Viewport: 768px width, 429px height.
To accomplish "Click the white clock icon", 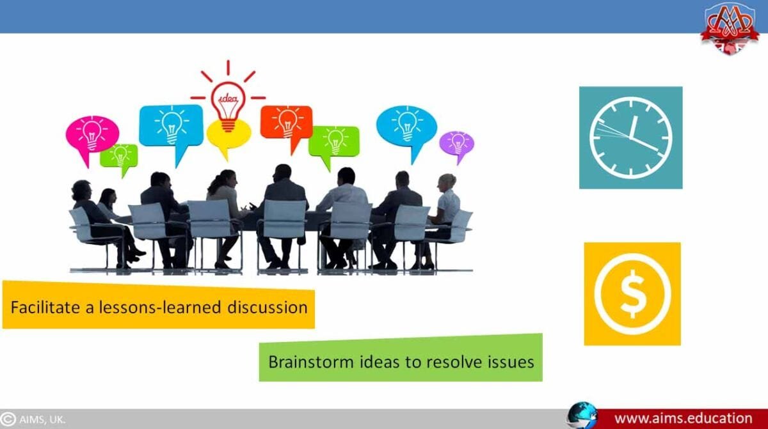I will click(x=630, y=137).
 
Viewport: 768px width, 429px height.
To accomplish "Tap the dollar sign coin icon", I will click(x=632, y=293).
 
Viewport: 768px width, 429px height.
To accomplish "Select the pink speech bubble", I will click(x=92, y=134).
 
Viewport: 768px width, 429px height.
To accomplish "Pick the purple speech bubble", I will click(x=456, y=144).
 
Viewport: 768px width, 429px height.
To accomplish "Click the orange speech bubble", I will click(x=286, y=121).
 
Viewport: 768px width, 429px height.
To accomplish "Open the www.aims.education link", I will click(x=683, y=418).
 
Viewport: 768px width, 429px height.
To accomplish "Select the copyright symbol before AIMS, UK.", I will click(x=8, y=419).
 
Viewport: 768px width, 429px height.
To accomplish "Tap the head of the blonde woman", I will click(x=447, y=181).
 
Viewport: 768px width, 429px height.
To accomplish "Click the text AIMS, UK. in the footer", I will click(x=42, y=419).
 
